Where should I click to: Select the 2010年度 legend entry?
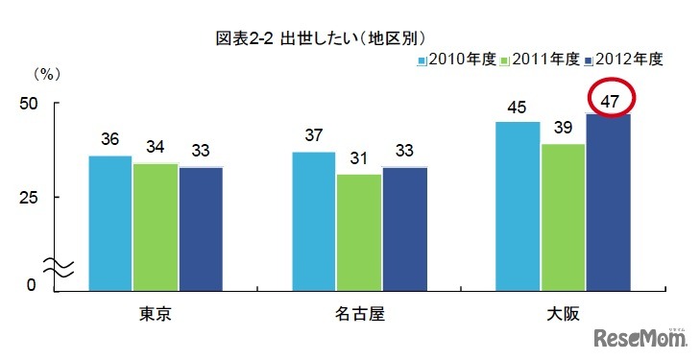(456, 60)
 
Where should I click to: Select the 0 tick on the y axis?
(31, 284)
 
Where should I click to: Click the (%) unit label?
(46, 73)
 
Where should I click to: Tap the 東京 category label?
(156, 315)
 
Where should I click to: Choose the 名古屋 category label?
(359, 315)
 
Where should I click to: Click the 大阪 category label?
(564, 315)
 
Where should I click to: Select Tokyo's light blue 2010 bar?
(110, 221)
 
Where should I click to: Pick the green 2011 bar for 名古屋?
(359, 230)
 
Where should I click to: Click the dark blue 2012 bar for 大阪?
(608, 201)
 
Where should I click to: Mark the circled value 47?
(608, 99)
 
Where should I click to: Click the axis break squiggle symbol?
(52, 269)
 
